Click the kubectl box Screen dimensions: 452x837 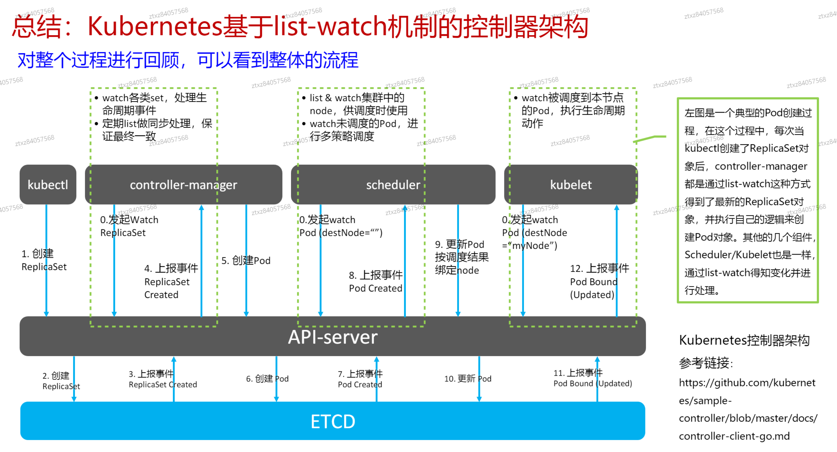tap(48, 184)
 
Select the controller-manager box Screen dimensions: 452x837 tap(183, 184)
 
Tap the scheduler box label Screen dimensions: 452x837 tap(393, 185)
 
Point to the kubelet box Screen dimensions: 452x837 tap(571, 184)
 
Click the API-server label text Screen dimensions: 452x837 tap(333, 337)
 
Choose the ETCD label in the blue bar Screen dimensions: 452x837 tap(333, 422)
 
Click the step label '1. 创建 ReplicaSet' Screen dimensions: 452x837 tap(44, 260)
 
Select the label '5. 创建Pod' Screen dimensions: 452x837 tap(246, 260)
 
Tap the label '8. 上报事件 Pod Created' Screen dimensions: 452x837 tap(376, 282)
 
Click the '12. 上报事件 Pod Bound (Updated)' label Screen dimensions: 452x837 tap(599, 282)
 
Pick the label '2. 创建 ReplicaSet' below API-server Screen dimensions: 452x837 tap(61, 381)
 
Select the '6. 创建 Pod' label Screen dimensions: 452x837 tap(267, 379)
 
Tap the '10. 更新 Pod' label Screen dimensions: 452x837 tap(468, 379)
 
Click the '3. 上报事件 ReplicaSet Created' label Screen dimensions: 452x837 tap(162, 379)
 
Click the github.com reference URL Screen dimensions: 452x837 tap(747, 409)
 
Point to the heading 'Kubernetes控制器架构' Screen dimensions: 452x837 tap(744, 340)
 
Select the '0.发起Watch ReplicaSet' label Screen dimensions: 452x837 tap(129, 226)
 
